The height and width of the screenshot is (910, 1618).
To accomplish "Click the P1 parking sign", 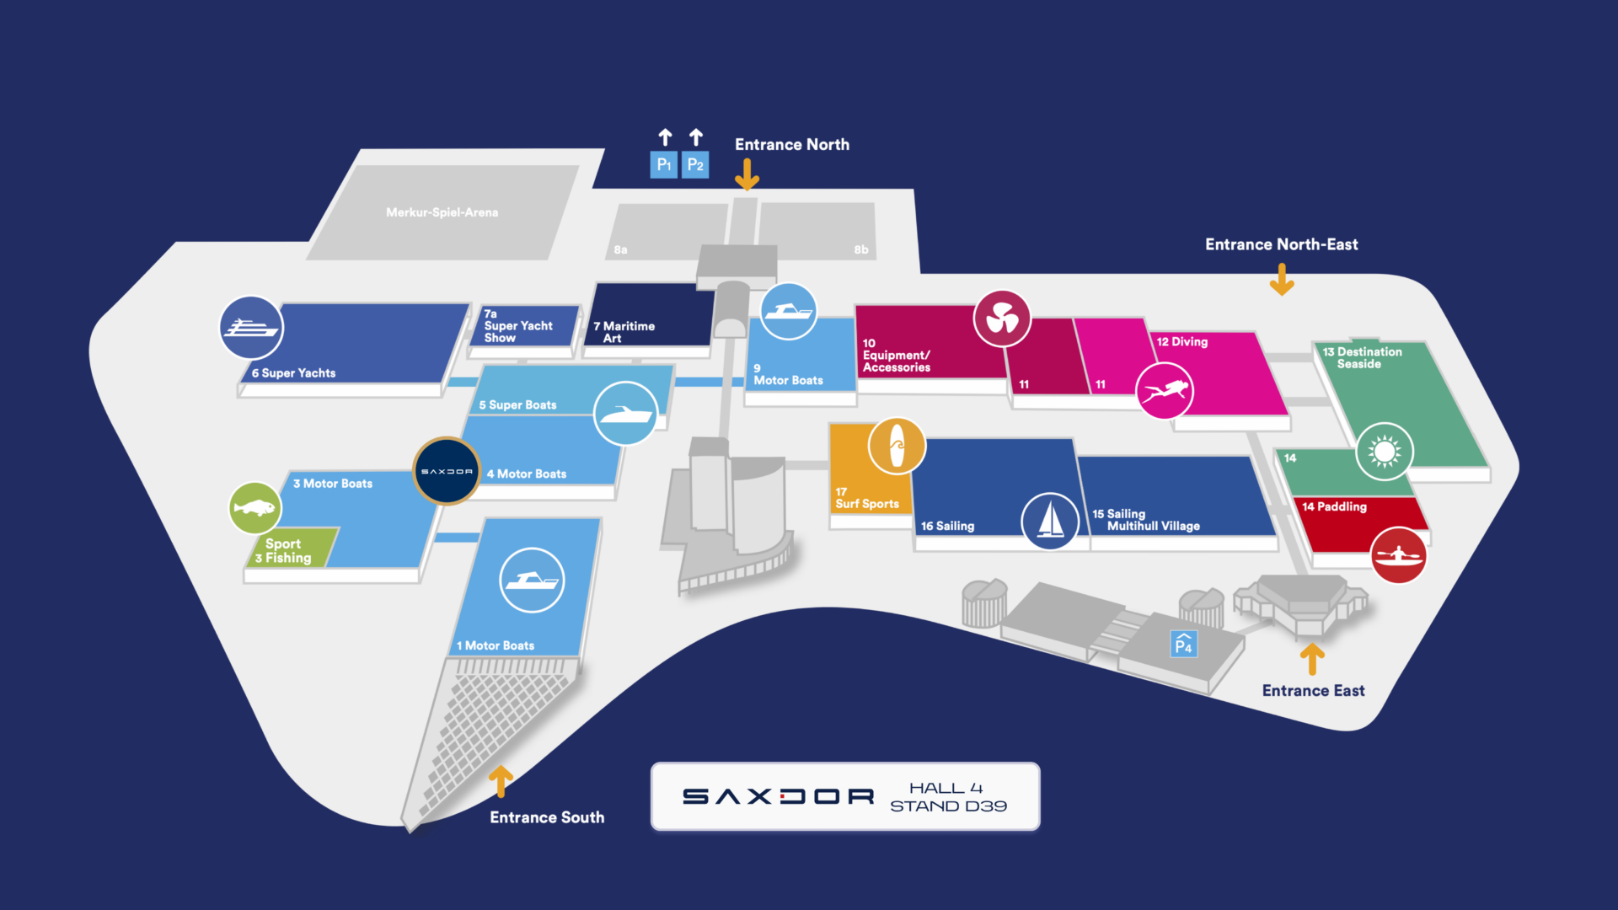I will (664, 164).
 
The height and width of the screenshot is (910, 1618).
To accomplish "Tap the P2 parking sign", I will (695, 164).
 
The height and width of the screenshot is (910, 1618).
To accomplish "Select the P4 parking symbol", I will (1184, 645).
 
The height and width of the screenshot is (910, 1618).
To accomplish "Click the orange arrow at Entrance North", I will (747, 174).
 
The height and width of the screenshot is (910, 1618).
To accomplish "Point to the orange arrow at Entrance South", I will (501, 780).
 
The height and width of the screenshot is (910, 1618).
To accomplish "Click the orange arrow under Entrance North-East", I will (1282, 279).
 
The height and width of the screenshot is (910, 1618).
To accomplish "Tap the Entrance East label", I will (1313, 691).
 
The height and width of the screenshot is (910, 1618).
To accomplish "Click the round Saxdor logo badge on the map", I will (447, 471).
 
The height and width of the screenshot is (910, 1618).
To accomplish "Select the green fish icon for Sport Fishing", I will (254, 508).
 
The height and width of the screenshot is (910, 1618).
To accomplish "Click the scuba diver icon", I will (1165, 391).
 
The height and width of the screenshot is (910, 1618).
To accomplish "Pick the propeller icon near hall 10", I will (1002, 318).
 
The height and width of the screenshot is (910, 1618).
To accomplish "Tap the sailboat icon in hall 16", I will (1050, 521).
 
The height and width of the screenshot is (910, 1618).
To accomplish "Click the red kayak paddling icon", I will (1398, 555).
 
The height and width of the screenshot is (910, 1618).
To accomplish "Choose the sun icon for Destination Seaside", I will (1384, 452).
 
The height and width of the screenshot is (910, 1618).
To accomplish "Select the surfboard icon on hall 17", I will (897, 446).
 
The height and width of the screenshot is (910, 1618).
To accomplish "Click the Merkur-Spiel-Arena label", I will (442, 212).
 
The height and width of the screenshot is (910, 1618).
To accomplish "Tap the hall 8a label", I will (620, 250).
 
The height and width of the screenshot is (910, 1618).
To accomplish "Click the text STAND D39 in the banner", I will (948, 806).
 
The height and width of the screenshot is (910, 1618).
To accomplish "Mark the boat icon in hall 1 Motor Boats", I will (531, 581).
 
